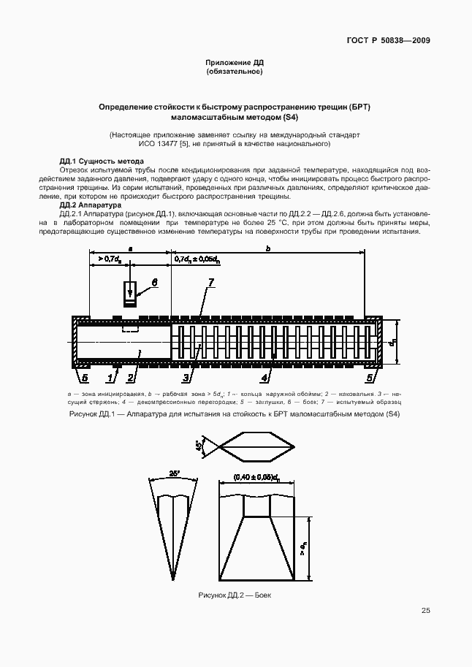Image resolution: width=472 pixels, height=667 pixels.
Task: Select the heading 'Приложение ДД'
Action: click(235, 63)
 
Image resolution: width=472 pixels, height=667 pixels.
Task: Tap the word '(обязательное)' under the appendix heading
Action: click(235, 72)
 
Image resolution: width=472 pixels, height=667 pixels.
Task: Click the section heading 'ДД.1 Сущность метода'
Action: click(102, 161)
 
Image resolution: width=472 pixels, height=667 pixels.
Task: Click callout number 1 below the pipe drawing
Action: click(111, 377)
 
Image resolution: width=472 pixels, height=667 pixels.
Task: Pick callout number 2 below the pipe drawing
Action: click(130, 377)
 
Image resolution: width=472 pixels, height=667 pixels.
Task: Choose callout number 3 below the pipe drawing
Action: click(187, 377)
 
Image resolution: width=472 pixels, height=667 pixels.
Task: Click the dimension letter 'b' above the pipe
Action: click(269, 249)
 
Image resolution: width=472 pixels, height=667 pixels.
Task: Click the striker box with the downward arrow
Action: click(129, 292)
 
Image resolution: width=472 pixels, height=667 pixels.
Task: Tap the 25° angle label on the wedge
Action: click(173, 473)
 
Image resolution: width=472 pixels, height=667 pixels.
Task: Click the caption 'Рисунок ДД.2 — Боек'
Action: click(235, 596)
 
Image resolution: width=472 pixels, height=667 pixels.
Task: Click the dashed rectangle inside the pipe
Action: click(131, 329)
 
